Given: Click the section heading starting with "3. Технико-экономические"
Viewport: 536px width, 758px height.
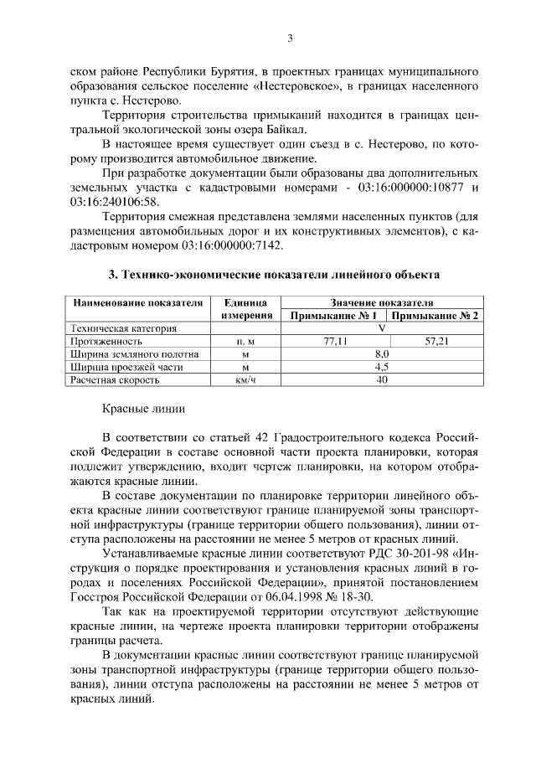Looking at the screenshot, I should point(273,274).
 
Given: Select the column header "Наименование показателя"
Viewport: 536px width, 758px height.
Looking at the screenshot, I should point(137,302).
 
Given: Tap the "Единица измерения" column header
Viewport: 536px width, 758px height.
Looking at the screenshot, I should point(247,309).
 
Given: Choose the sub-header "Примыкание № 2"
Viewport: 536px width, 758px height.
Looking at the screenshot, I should point(435,316).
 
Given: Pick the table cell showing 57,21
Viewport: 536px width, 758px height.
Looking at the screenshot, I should point(436,342).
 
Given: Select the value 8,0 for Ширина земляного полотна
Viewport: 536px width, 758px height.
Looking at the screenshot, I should point(382,354).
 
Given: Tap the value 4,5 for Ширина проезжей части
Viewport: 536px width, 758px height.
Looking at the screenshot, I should point(382,367).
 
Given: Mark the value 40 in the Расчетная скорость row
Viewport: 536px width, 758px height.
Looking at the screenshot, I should point(382,379).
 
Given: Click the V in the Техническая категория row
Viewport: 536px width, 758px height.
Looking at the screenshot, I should point(382,329).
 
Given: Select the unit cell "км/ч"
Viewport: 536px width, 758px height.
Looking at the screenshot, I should point(245,379).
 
